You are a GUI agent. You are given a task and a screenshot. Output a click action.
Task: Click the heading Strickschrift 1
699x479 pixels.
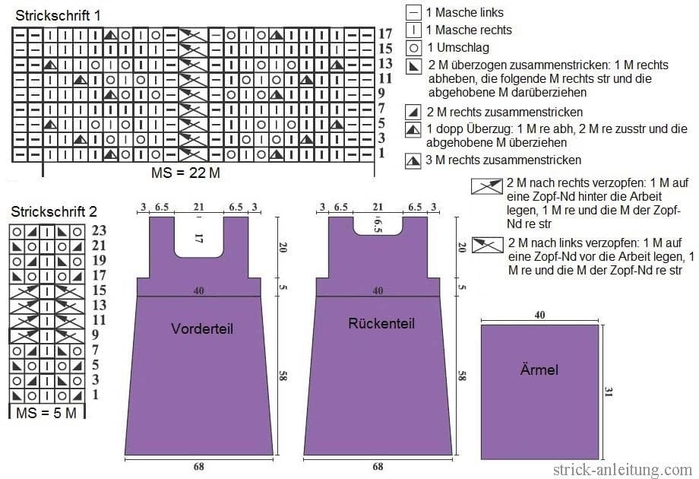tap(58, 16)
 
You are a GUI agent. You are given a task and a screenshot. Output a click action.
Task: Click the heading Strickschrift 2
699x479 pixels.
tap(54, 211)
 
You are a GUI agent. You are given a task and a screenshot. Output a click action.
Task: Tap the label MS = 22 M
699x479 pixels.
tap(185, 173)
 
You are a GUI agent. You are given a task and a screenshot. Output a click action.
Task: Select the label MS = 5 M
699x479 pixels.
tap(46, 413)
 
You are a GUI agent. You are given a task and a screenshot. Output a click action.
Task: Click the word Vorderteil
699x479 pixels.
tap(202, 328)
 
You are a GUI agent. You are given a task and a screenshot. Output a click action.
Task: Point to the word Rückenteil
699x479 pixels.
tap(381, 323)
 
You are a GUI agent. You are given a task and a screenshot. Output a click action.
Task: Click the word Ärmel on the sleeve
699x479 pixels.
tap(539, 370)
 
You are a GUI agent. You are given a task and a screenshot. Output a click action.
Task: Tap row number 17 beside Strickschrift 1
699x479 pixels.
tap(385, 33)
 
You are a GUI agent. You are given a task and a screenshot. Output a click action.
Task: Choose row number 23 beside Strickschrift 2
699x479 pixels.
tap(99, 230)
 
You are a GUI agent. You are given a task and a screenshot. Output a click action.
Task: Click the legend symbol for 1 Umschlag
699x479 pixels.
tap(413, 48)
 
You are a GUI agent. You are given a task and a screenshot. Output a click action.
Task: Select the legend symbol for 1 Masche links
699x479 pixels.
tap(413, 12)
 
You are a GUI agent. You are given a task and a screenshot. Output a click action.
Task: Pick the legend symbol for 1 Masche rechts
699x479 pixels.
tap(413, 30)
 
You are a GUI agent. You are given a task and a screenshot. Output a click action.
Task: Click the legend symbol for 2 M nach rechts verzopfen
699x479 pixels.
tap(487, 186)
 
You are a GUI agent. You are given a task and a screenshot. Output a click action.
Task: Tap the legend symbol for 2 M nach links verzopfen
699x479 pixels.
tap(488, 245)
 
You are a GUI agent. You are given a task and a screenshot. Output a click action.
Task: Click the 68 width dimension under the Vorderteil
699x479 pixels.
tap(199, 467)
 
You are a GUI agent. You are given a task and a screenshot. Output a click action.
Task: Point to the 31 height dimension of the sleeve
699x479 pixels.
tap(608, 392)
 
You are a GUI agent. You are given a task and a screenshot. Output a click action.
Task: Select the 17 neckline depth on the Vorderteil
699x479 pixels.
tap(199, 238)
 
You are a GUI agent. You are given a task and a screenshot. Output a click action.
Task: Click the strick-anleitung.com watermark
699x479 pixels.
tap(623, 469)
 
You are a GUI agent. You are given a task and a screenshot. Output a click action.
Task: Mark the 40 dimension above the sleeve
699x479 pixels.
tap(539, 315)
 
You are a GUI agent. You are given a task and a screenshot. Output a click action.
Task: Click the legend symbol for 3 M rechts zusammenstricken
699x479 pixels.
tap(413, 161)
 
